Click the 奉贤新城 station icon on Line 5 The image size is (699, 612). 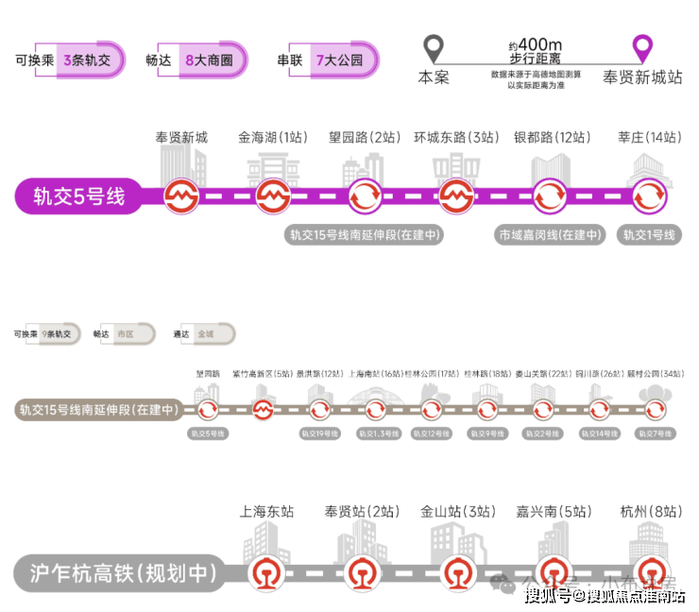click(180, 197)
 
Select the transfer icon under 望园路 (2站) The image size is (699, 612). click(365, 197)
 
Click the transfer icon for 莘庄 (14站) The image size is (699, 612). click(649, 197)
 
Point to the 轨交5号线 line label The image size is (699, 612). click(79, 197)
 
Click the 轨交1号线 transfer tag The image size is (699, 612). click(649, 235)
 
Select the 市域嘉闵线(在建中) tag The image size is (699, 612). click(551, 235)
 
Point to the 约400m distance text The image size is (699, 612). click(536, 45)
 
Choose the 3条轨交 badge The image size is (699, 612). click(87, 59)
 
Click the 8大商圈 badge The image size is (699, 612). click(210, 59)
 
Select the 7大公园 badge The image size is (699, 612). click(337, 59)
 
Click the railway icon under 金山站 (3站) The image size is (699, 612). click(457, 572)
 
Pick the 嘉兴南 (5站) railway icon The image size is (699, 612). click(553, 572)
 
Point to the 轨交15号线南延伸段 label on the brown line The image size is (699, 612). click(98, 410)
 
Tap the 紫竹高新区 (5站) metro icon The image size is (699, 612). click(264, 410)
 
